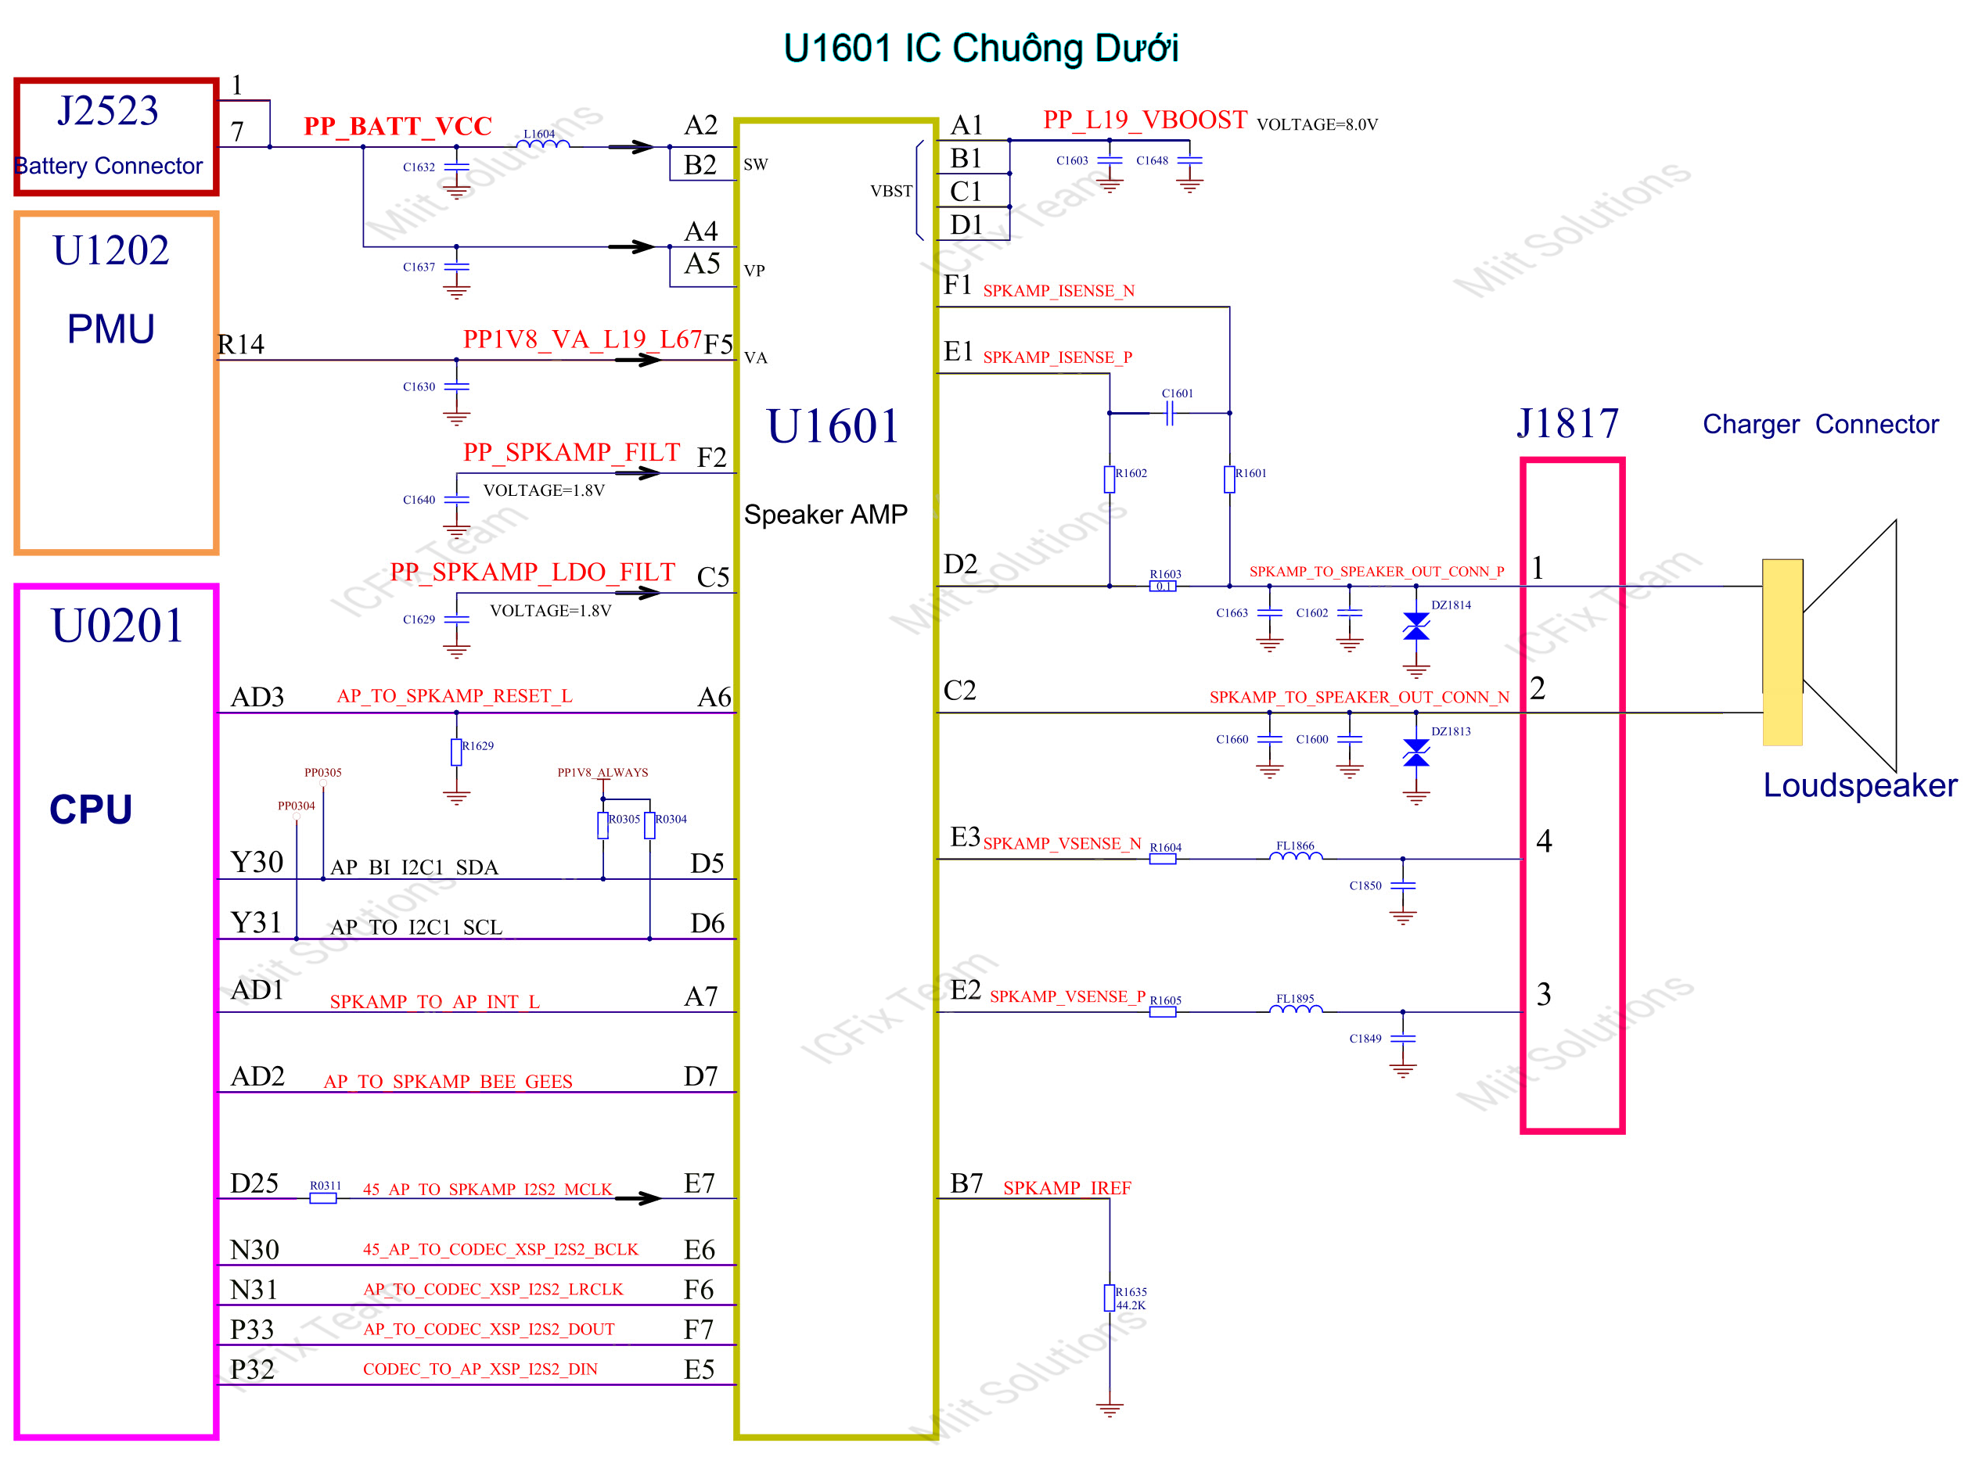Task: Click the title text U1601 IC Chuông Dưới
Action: [980, 48]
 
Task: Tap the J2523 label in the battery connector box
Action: [107, 111]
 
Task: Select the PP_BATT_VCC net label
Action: [397, 126]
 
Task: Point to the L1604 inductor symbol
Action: [542, 143]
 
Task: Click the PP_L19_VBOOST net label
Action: [1145, 120]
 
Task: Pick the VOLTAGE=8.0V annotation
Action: [1317, 124]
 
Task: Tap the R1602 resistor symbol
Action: [1109, 479]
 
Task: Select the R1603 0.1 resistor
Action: [1162, 586]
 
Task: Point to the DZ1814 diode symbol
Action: [1416, 626]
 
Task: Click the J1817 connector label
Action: [1568, 423]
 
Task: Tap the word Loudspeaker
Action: [1859, 786]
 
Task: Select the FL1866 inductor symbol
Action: [1296, 856]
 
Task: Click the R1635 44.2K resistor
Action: [1109, 1297]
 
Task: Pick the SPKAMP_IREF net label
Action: [1067, 1188]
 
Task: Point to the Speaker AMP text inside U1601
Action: [826, 515]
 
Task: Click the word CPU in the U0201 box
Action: [91, 809]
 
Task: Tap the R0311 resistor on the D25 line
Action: [323, 1197]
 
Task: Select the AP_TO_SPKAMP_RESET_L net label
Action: [454, 696]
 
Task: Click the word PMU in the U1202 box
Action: [111, 329]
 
